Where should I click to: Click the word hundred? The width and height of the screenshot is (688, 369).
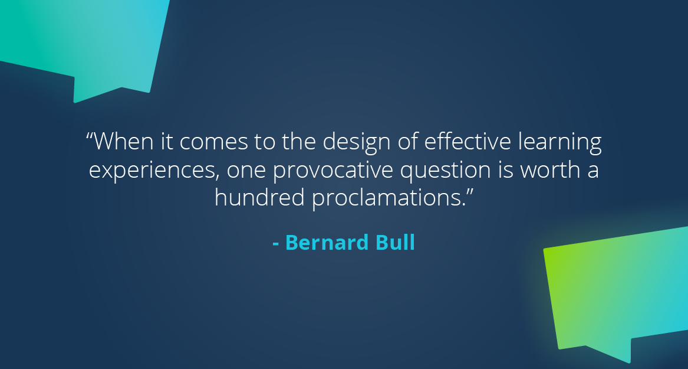coord(259,198)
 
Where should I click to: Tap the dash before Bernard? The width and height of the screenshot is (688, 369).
coord(276,243)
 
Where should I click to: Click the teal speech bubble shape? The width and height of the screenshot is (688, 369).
coord(88,41)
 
